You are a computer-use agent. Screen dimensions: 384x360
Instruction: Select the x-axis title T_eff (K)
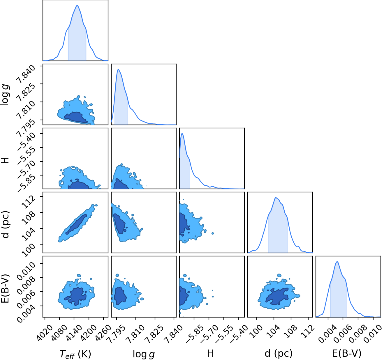(x=75, y=354)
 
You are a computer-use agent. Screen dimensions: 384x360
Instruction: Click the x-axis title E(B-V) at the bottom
(x=346, y=353)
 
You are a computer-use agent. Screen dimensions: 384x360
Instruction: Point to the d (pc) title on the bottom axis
(x=279, y=353)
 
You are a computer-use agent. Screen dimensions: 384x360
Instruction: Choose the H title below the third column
(x=210, y=353)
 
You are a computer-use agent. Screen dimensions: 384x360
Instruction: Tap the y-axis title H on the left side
(x=5, y=160)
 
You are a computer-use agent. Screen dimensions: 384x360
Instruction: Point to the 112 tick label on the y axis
(x=29, y=202)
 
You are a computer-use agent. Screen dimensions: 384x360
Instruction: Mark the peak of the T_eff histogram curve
(x=77, y=6)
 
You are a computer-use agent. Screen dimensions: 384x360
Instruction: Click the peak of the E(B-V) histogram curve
(x=337, y=262)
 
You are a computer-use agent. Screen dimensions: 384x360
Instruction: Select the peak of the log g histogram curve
(x=118, y=70)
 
